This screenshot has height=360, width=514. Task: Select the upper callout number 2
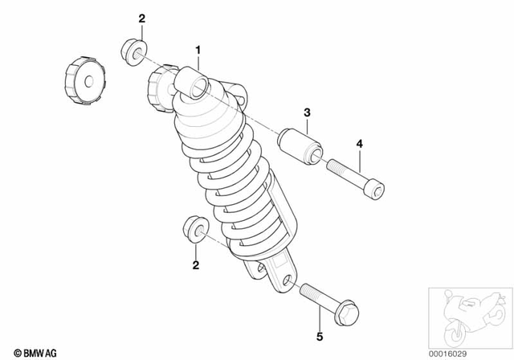142,18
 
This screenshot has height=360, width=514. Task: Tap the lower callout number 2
194,264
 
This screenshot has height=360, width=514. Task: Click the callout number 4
360,144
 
